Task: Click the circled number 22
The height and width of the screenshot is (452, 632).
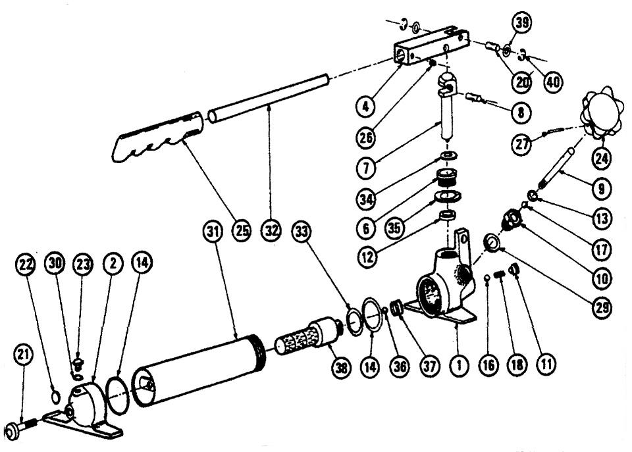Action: coord(24,262)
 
